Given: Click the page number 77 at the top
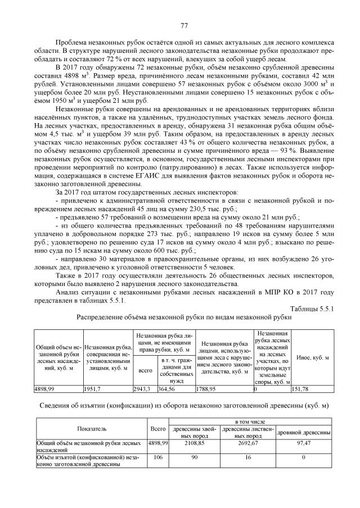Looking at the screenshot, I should (183, 25).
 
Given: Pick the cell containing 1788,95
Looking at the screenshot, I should (206, 388).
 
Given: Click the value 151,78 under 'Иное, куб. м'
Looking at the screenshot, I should (304, 388).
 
